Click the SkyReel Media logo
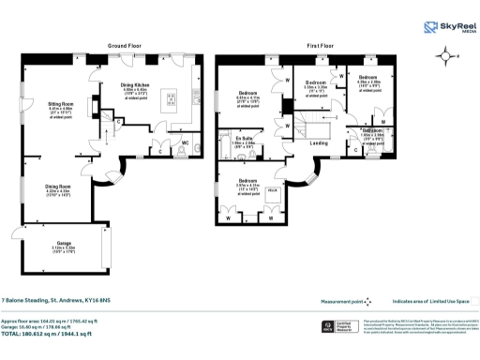[x=446, y=28]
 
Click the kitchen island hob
[x=171, y=97]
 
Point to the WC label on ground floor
[x=186, y=142]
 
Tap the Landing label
[x=319, y=142]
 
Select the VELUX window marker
[x=274, y=189]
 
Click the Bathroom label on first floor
[x=372, y=130]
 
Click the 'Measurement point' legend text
[x=343, y=300]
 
